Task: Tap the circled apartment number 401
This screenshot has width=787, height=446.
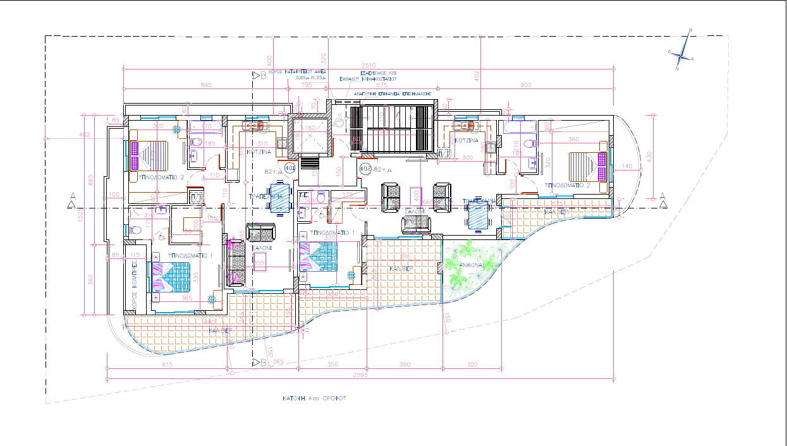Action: click(290, 169)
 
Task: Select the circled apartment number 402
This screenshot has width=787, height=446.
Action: click(365, 169)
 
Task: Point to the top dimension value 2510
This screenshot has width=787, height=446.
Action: click(369, 65)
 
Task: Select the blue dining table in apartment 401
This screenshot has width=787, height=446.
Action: click(280, 198)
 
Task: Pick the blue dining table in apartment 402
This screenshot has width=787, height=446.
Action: click(478, 216)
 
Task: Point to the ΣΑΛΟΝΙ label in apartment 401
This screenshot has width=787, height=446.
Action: click(262, 249)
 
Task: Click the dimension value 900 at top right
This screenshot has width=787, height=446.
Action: click(525, 85)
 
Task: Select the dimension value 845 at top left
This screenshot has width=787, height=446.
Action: click(205, 85)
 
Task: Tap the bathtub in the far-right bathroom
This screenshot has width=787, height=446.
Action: click(518, 127)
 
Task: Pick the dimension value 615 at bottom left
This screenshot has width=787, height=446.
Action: click(168, 365)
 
